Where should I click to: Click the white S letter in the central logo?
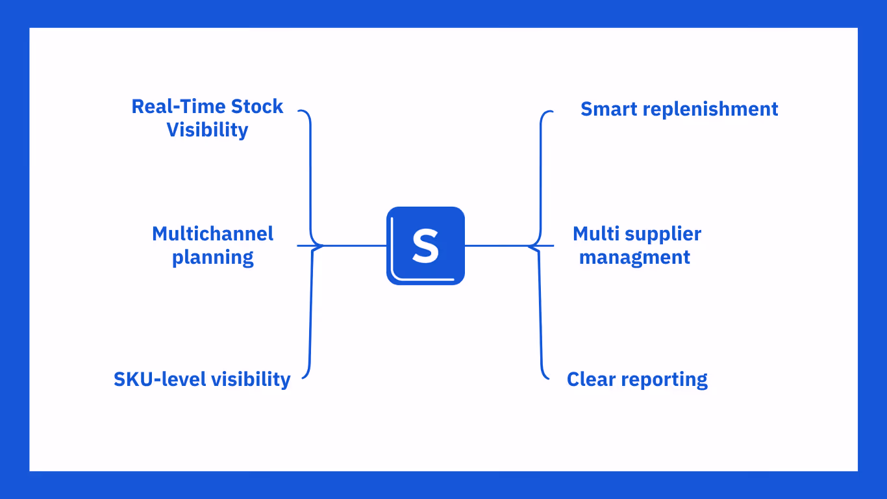click(425, 246)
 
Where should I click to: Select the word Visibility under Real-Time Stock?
click(207, 130)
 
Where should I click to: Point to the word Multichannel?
click(212, 234)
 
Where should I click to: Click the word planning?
click(212, 257)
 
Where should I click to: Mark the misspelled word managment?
click(634, 257)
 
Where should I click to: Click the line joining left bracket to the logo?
click(354, 246)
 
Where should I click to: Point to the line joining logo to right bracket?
click(497, 246)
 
